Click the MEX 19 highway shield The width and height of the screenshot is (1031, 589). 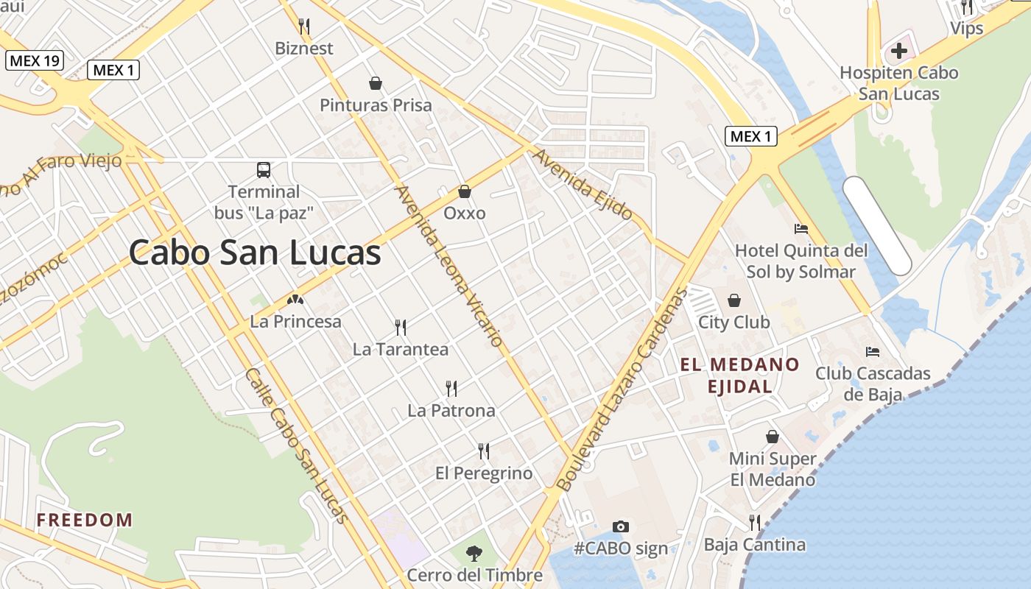pos(35,60)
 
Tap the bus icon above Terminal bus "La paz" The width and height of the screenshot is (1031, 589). pos(264,170)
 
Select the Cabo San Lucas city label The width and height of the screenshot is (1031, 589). pos(255,253)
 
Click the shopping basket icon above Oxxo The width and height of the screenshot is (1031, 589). pos(465,191)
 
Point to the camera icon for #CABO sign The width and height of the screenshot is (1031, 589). pos(621,526)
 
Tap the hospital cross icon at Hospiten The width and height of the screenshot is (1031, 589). pos(898,51)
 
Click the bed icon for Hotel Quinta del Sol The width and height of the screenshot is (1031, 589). pos(801,229)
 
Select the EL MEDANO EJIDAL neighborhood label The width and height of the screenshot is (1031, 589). pos(739,375)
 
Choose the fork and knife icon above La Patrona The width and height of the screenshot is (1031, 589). pos(451,388)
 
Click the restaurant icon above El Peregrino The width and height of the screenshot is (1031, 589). pos(484,451)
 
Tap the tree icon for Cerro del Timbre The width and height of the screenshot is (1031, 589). pos(475,553)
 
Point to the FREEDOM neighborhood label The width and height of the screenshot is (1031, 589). pos(85,520)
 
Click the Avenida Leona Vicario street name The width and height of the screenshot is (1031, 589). pos(449,266)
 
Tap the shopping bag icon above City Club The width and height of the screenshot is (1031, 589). pos(734,300)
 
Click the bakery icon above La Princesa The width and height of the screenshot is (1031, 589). pos(295,300)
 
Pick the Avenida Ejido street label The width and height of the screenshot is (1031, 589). pos(583,185)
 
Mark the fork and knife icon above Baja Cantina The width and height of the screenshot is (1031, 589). pos(755,523)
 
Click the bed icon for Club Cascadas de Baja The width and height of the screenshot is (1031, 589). pos(873,351)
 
